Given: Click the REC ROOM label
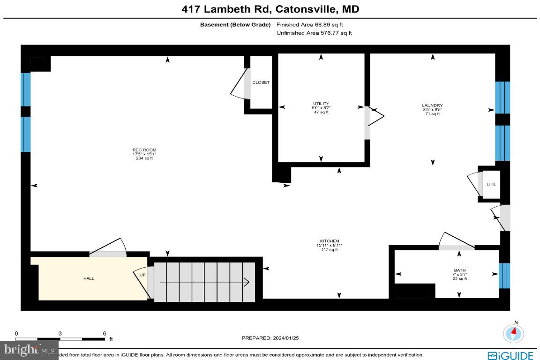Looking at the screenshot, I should coord(144,150).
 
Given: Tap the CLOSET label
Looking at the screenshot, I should coord(261,82).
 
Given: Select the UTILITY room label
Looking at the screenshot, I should coord(321,104).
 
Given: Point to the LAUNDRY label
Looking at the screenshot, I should coord(432,106).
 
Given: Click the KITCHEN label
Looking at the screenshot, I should coord(327,241).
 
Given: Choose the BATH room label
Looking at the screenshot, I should coord(459,270).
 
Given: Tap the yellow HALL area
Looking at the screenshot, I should coord(89,278).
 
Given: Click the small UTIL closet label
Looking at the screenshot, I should coord(491,184).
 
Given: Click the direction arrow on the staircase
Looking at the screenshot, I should coord(204,282).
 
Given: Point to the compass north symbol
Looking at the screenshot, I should coord(514,332).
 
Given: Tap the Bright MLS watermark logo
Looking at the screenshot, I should coord(29,349).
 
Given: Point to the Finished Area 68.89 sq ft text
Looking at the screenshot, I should coord(313,24).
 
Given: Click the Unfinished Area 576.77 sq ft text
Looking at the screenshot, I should coord(314,33).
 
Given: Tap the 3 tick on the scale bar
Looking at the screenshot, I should coord(60,334).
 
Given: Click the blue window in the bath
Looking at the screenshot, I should coord(503,275).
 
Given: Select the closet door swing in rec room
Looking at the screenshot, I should coord(240,84).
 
